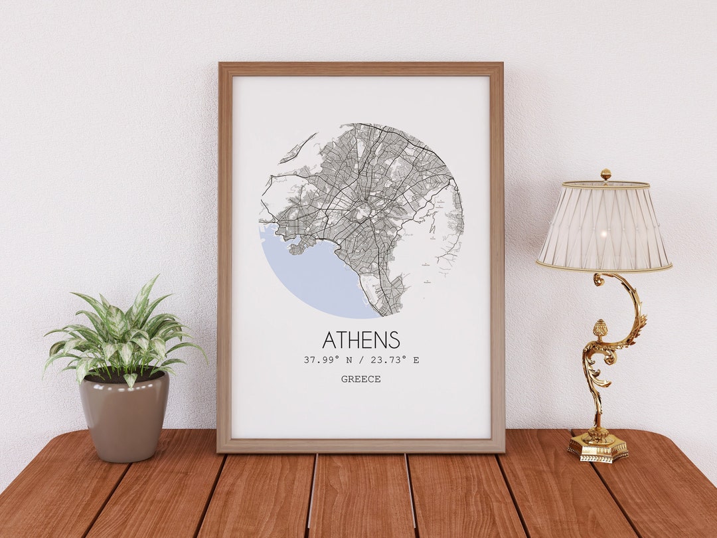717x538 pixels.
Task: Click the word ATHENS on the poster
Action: [361, 339]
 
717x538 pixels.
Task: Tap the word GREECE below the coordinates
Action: [361, 379]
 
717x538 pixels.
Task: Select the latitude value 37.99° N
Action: [331, 360]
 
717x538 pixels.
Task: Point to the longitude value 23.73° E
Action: [395, 360]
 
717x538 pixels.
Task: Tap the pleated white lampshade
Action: [603, 226]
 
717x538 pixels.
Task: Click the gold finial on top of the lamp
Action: [605, 174]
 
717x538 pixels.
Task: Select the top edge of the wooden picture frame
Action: [361, 69]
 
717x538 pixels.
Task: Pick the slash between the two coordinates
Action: [362, 360]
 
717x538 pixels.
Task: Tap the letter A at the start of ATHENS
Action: [329, 339]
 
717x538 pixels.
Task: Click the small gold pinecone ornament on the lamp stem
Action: [600, 329]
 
